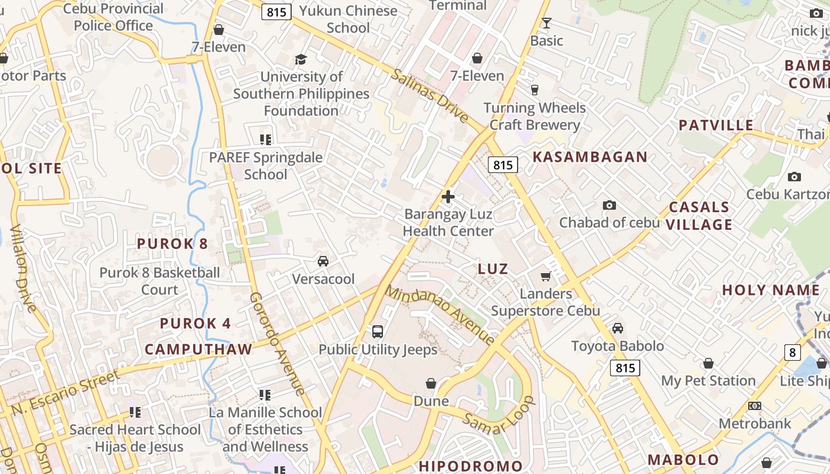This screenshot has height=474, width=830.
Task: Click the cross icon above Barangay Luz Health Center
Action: [x=448, y=197]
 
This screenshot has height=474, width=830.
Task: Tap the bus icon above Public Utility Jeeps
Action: [x=378, y=332]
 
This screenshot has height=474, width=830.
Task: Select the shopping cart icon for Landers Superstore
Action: [x=545, y=276]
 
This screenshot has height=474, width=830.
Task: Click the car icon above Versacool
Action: [x=323, y=261]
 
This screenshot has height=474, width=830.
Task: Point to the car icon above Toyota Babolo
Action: [x=618, y=328]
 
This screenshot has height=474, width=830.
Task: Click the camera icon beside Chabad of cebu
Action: [x=609, y=206]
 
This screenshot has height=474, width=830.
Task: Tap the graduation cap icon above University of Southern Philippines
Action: [x=301, y=59]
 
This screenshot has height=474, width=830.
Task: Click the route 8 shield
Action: [x=793, y=353]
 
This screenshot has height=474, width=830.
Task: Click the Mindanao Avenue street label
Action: [x=440, y=315]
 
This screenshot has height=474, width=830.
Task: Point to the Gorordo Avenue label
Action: [x=277, y=344]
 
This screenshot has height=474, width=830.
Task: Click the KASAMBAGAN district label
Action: [x=590, y=157]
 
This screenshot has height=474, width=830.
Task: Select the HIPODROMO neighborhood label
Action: [x=471, y=466]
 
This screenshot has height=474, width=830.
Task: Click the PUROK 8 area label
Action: [x=173, y=244]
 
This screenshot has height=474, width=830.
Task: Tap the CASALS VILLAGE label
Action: [x=700, y=216]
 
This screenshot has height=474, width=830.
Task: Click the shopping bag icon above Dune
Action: [x=431, y=384]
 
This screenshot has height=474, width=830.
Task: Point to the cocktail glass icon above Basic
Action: [x=546, y=23]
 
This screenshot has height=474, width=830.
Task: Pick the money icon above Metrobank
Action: [x=755, y=406]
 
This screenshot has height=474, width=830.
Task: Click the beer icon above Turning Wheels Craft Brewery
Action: [x=534, y=90]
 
